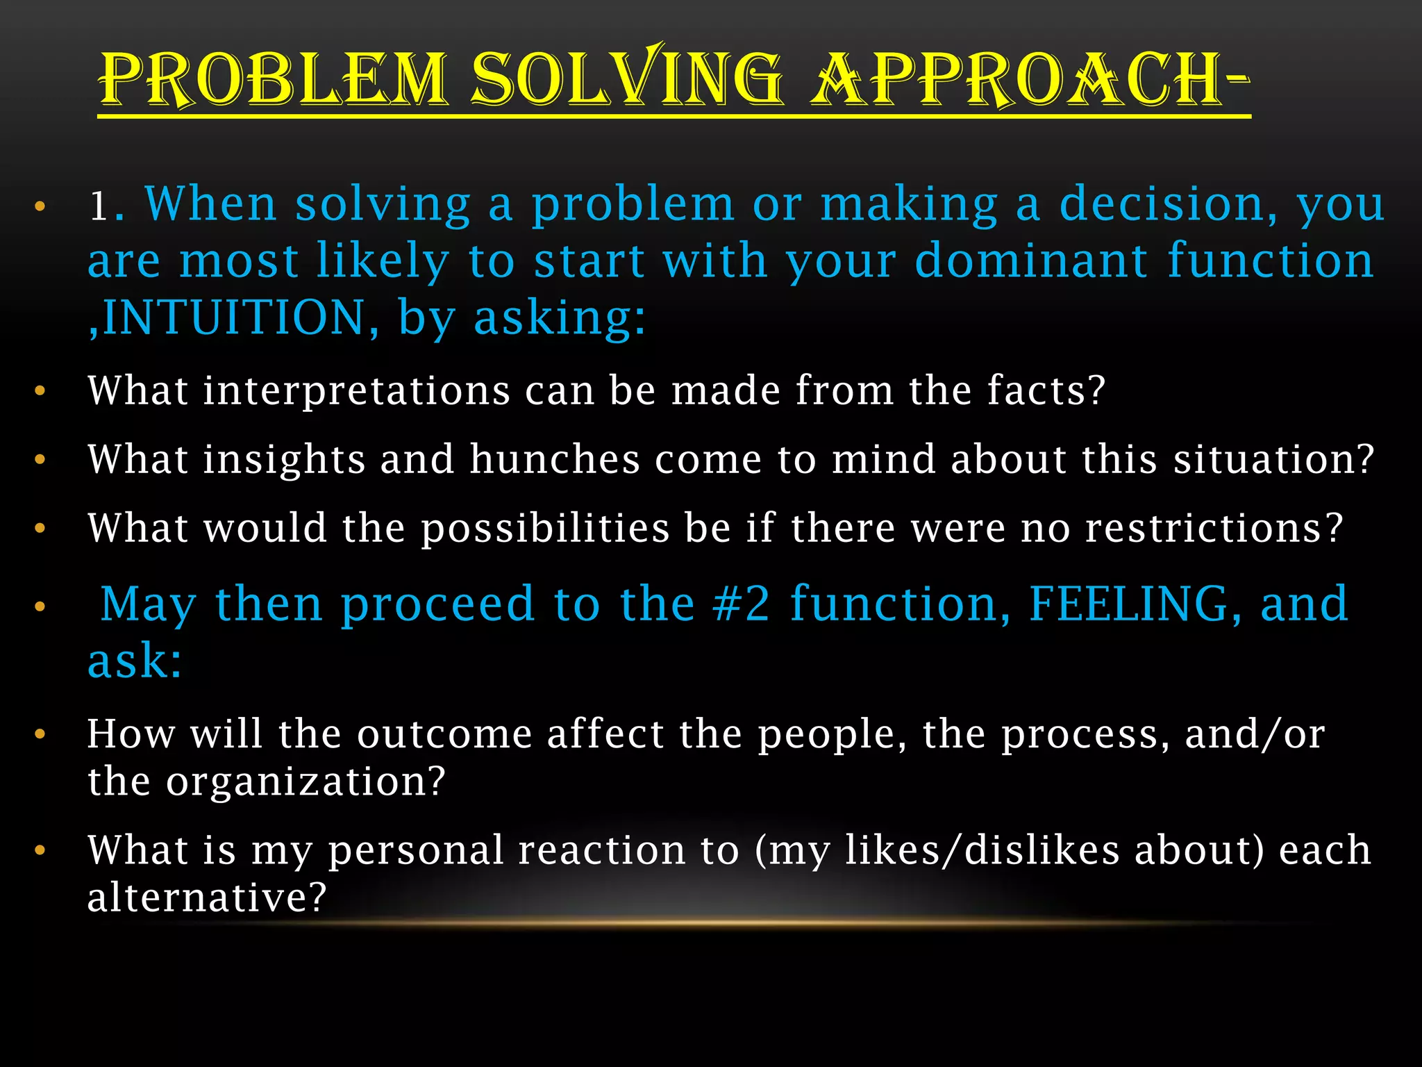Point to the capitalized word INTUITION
[233, 317]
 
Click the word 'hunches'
[555, 460]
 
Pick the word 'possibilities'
[545, 528]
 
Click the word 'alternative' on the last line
[206, 897]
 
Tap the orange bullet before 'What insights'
[40, 460]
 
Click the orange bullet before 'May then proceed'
[40, 606]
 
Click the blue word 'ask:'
[135, 661]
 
